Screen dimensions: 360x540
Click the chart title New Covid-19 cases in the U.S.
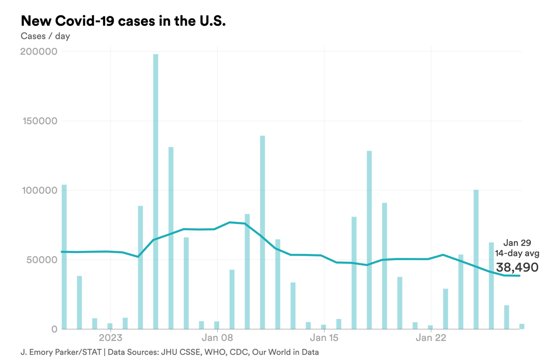123,20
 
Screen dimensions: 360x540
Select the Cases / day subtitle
45,36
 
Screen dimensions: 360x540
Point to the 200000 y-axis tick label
39,52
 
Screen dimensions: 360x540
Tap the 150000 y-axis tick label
39,121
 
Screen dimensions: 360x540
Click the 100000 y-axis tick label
39,190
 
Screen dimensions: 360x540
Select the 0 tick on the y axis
54,329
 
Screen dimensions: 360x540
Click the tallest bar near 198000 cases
156,190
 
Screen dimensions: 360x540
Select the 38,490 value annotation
517,267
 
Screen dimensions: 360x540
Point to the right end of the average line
519,276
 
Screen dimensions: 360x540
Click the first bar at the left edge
64,257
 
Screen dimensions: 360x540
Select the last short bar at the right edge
522,326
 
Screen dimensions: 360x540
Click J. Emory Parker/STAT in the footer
60,352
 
